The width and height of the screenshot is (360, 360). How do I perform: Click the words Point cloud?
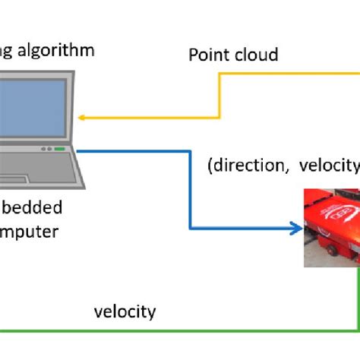point(234,55)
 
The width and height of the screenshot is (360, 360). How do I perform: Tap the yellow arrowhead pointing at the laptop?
point(83,118)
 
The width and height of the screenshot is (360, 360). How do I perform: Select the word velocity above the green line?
point(125,311)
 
